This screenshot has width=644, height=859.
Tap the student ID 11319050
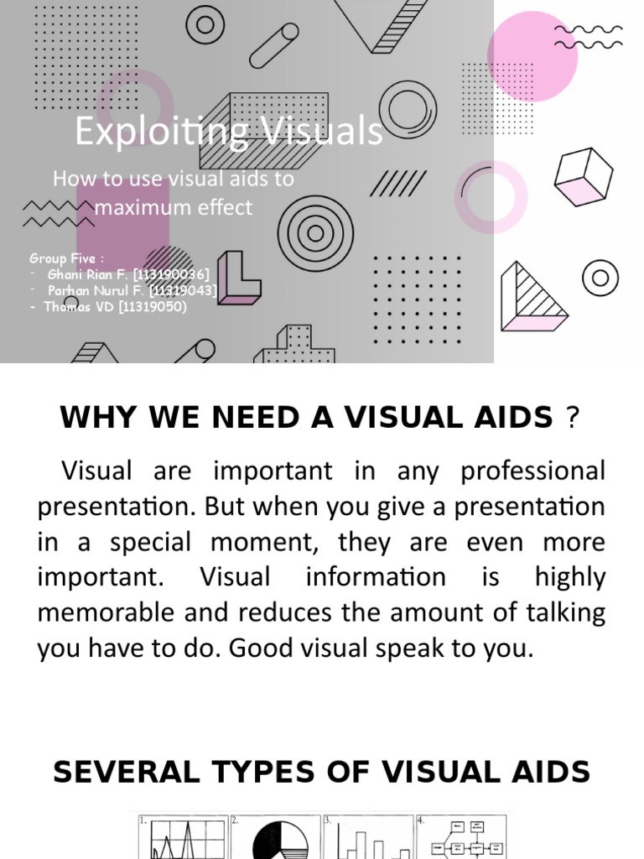click(x=153, y=306)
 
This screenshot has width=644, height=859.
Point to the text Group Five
click(x=63, y=258)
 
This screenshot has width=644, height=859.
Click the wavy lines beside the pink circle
click(x=589, y=37)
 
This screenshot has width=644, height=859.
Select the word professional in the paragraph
click(x=532, y=471)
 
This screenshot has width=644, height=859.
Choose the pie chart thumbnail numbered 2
click(x=277, y=837)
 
